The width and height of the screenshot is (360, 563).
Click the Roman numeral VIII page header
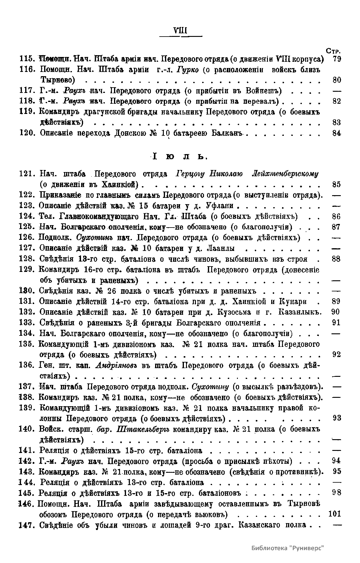coord(180,31)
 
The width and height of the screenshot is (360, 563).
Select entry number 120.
coord(28,133)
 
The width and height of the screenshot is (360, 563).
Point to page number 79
coord(337,59)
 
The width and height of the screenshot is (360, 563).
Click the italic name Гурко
coord(187,70)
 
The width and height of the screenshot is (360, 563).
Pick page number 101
coord(335,514)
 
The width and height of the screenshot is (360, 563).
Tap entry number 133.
coord(28,323)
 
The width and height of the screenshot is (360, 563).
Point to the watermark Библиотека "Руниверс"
coord(288,548)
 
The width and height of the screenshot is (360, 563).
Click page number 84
coord(337,133)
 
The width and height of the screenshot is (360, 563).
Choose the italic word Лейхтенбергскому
coord(285,174)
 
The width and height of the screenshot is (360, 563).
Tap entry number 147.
coord(28,525)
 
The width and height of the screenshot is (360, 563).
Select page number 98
coord(337,493)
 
